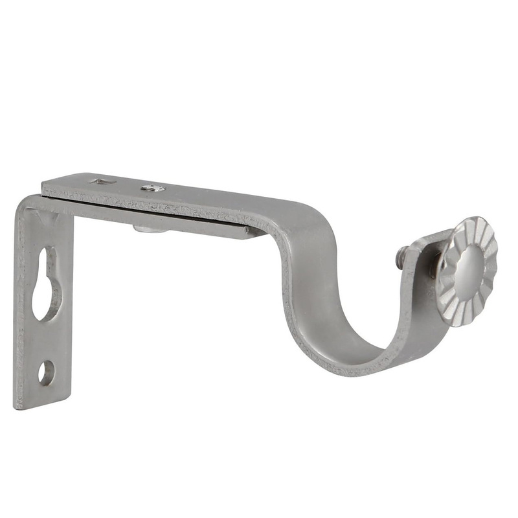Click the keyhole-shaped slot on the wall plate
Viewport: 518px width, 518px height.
pyautogui.click(x=46, y=285)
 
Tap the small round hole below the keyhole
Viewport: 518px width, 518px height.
pyautogui.click(x=46, y=372)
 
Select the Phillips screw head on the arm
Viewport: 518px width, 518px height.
pyautogui.click(x=153, y=188)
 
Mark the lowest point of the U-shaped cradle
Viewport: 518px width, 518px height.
pyautogui.click(x=353, y=369)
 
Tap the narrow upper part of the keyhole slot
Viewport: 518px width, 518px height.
pyautogui.click(x=45, y=259)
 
